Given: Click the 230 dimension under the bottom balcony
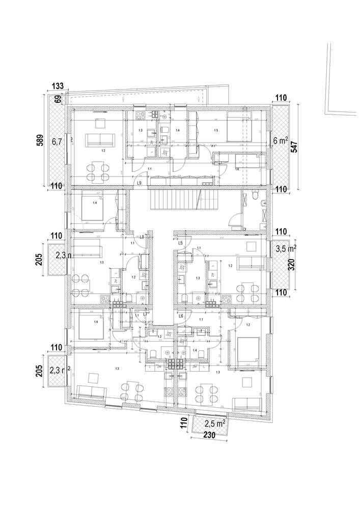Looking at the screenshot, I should [x=209, y=435].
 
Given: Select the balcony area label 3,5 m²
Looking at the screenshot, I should [x=286, y=249].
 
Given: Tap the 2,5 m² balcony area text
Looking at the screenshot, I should [x=214, y=423].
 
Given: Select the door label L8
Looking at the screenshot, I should [x=142, y=237].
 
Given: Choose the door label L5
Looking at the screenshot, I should [x=180, y=243].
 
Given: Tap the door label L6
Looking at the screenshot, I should [x=181, y=316].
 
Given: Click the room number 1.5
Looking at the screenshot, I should [x=216, y=131].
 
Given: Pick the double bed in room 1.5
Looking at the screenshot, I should [x=239, y=127].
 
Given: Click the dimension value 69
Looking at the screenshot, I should [x=58, y=99].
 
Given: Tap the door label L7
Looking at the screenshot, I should [x=145, y=314].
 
